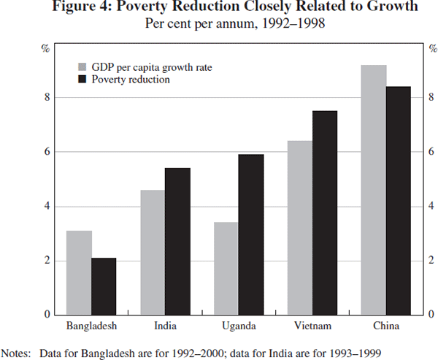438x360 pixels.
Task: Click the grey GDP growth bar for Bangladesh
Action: click(79, 272)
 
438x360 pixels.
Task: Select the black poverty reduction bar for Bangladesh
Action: click(104, 286)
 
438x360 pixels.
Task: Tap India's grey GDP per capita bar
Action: click(153, 252)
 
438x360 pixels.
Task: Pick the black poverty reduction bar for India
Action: click(177, 241)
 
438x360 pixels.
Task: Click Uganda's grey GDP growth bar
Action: click(226, 268)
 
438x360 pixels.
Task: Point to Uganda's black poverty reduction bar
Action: click(251, 234)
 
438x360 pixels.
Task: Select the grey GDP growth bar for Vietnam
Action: click(300, 227)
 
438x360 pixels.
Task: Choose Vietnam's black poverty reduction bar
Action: click(325, 212)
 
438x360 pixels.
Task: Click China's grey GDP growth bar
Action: click(374, 190)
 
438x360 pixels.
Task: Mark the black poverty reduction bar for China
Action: click(399, 200)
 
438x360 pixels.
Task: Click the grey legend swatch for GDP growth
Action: click(82, 67)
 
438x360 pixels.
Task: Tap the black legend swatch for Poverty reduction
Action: click(82, 79)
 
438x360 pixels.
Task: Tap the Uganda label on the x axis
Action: click(239, 325)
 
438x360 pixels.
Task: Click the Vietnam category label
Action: click(312, 325)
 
